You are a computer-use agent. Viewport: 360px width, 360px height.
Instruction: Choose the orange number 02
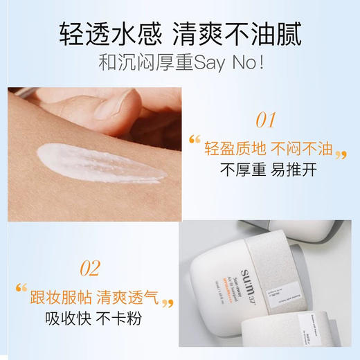click(x=91, y=268)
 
